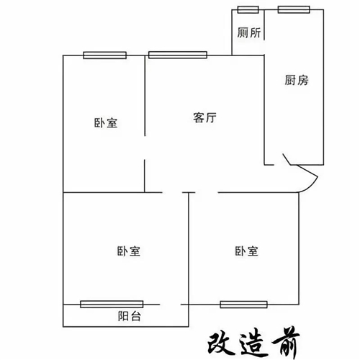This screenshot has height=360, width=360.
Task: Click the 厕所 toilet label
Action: point(249,32)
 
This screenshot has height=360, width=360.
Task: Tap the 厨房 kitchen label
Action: point(297,80)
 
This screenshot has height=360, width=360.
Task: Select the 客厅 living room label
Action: point(204,117)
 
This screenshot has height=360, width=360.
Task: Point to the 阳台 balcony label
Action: point(129,316)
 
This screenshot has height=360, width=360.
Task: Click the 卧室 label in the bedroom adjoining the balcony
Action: point(129,251)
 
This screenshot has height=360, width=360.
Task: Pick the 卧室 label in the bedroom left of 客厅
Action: point(106,123)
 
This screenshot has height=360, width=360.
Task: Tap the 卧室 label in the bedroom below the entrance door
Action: point(246,251)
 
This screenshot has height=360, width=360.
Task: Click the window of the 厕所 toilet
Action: point(248,10)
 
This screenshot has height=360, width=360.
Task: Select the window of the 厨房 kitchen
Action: point(294,10)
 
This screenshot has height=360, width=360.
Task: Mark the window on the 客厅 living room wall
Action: point(178,55)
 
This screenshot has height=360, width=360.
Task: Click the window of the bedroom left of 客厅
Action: point(105,55)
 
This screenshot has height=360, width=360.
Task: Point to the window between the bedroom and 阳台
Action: point(112,305)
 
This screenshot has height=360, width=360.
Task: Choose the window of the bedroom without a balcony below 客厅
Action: point(243,305)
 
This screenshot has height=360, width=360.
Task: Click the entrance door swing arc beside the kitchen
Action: point(312,186)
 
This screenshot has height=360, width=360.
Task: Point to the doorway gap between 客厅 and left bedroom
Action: point(145,148)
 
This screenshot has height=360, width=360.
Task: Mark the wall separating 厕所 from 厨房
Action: point(264,24)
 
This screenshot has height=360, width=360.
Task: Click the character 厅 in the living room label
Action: point(211,117)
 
